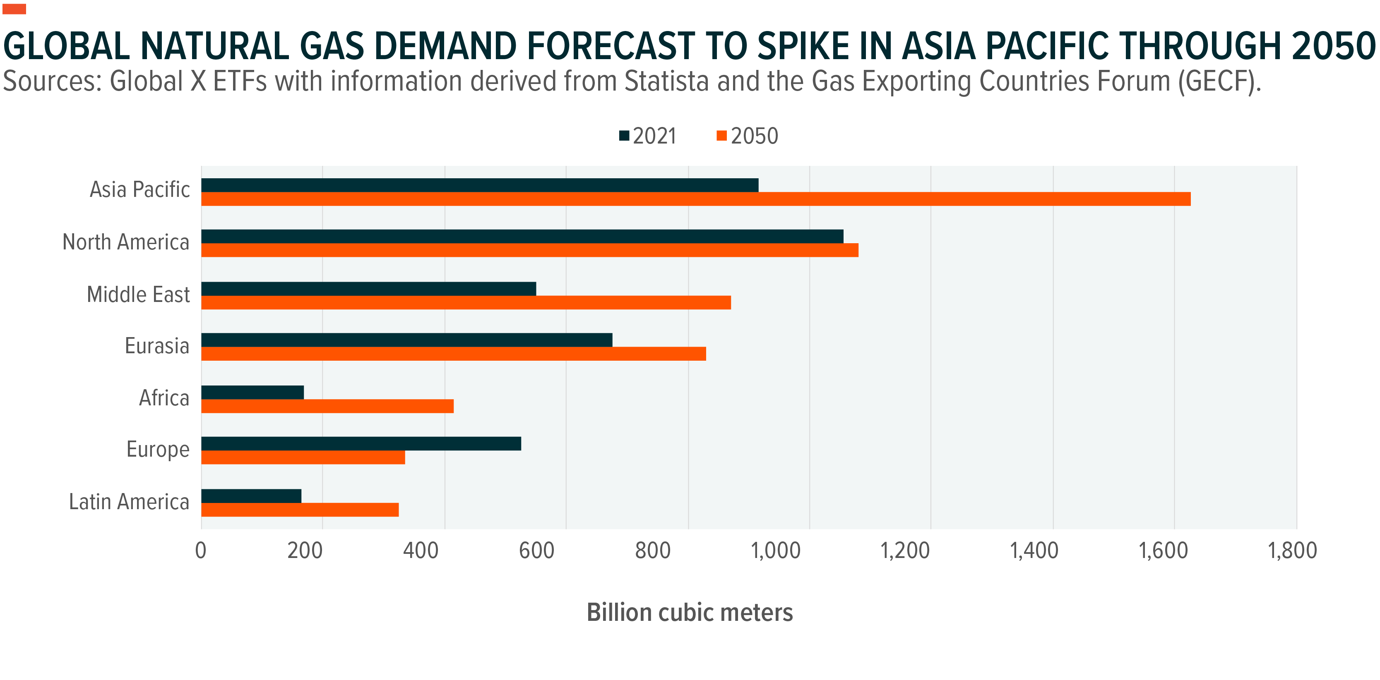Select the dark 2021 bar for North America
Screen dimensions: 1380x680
(522, 237)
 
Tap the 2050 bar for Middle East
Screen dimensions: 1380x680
(466, 302)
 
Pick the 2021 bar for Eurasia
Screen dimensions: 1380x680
(406, 340)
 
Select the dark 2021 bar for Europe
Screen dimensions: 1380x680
(361, 444)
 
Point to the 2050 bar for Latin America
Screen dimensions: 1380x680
(300, 510)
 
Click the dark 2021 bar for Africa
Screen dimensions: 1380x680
(252, 393)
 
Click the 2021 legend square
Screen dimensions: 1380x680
(624, 136)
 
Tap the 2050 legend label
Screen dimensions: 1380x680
(754, 136)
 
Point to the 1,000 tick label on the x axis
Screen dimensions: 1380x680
(776, 551)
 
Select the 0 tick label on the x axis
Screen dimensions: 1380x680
(201, 551)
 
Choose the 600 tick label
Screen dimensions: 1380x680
(537, 551)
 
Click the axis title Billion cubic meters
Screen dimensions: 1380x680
(690, 613)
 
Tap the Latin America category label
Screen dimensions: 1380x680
(129, 502)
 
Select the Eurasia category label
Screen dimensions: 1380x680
(157, 346)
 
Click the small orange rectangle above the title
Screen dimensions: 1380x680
(14, 9)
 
